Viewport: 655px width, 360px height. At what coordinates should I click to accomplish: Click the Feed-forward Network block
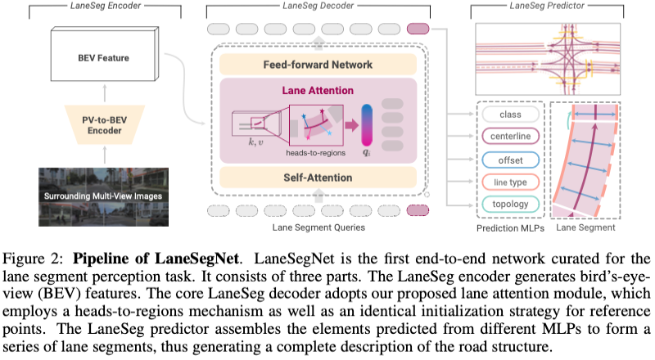click(x=318, y=65)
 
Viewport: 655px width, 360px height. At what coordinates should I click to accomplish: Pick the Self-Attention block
click(x=318, y=177)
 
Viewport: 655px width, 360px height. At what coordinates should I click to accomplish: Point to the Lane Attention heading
click(x=318, y=91)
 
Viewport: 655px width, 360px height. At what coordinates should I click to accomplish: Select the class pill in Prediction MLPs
click(x=510, y=115)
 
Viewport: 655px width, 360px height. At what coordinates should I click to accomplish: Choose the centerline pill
click(x=510, y=137)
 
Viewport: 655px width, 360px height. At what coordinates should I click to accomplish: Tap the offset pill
click(x=510, y=160)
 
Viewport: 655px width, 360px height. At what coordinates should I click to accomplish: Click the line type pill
click(x=510, y=182)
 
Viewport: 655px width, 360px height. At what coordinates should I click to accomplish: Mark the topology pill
click(x=510, y=204)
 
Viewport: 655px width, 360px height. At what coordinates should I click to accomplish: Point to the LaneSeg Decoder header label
click(x=318, y=7)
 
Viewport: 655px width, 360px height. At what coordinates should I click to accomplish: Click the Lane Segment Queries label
click(x=318, y=227)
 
